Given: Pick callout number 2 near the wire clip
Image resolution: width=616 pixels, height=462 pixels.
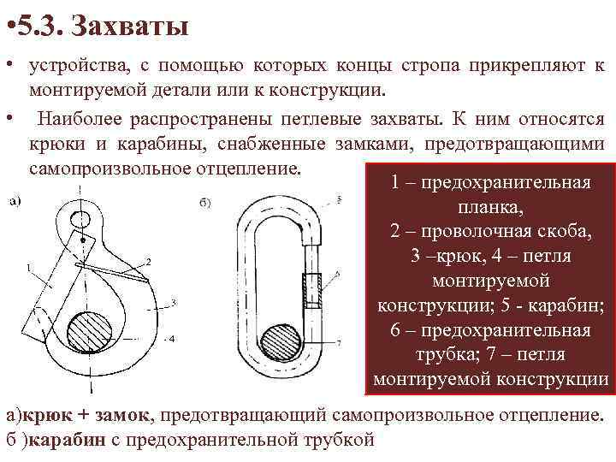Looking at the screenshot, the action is click(x=148, y=260).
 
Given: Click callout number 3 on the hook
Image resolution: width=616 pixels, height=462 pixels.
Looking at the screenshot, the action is click(x=174, y=302).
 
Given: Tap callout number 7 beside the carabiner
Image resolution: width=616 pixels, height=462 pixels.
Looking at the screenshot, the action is click(x=339, y=342).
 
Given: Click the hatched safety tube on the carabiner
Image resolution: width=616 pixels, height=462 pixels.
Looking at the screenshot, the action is click(x=313, y=290).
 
